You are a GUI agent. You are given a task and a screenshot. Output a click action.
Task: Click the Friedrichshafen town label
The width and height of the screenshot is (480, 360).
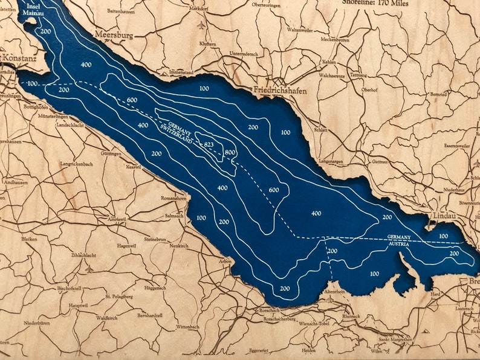click(282, 90)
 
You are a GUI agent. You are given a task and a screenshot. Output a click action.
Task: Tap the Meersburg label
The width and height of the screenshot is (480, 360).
click(113, 36)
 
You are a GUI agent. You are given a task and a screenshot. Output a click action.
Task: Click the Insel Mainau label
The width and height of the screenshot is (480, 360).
click(31, 9)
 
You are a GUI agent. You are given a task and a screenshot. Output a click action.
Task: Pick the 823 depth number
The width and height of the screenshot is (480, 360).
click(209, 144)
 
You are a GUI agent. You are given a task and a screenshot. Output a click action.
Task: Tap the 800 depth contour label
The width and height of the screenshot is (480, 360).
click(229, 152)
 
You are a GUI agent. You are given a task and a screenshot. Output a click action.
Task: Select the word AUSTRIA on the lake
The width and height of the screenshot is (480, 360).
click(399, 243)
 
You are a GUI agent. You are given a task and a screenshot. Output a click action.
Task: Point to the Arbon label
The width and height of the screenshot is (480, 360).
click(225, 261)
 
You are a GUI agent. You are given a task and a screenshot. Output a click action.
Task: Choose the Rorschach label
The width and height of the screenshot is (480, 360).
click(268, 310)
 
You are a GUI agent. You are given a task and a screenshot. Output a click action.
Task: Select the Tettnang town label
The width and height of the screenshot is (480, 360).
click(358, 76)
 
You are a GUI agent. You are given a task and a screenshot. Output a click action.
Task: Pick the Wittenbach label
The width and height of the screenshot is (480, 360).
click(187, 326)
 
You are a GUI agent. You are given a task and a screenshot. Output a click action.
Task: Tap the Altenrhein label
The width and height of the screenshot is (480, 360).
click(334, 291)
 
